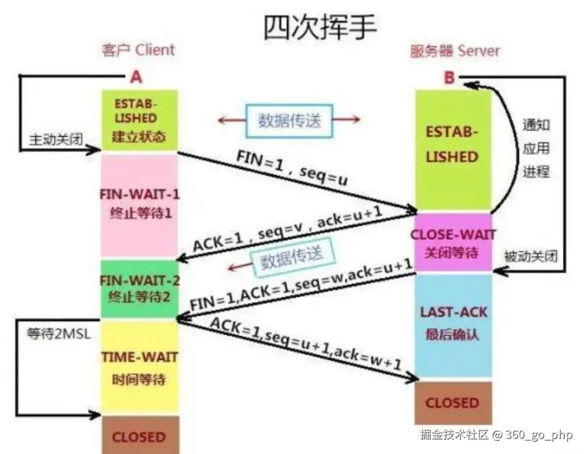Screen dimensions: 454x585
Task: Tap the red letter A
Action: click(136, 77)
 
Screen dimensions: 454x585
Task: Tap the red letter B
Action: click(449, 78)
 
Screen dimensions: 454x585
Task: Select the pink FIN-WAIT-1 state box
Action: click(139, 205)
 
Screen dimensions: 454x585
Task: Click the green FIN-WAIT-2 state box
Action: click(139, 288)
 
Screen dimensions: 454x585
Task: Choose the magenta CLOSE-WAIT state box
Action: click(452, 243)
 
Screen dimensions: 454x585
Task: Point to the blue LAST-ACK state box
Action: click(453, 323)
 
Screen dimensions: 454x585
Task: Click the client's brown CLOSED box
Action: click(139, 436)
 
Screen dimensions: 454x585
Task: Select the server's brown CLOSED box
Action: click(452, 403)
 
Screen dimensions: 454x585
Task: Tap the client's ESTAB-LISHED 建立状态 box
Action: click(139, 120)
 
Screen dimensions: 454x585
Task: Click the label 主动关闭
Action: click(56, 139)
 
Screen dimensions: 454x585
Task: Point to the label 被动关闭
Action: click(531, 256)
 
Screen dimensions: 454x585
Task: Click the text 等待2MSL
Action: click(59, 333)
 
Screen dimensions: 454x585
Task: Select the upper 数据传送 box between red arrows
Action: click(289, 121)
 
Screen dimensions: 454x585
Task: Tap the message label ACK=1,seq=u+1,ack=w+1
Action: click(305, 344)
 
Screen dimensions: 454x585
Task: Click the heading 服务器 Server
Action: click(455, 51)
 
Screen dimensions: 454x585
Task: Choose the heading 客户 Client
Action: click(138, 50)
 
